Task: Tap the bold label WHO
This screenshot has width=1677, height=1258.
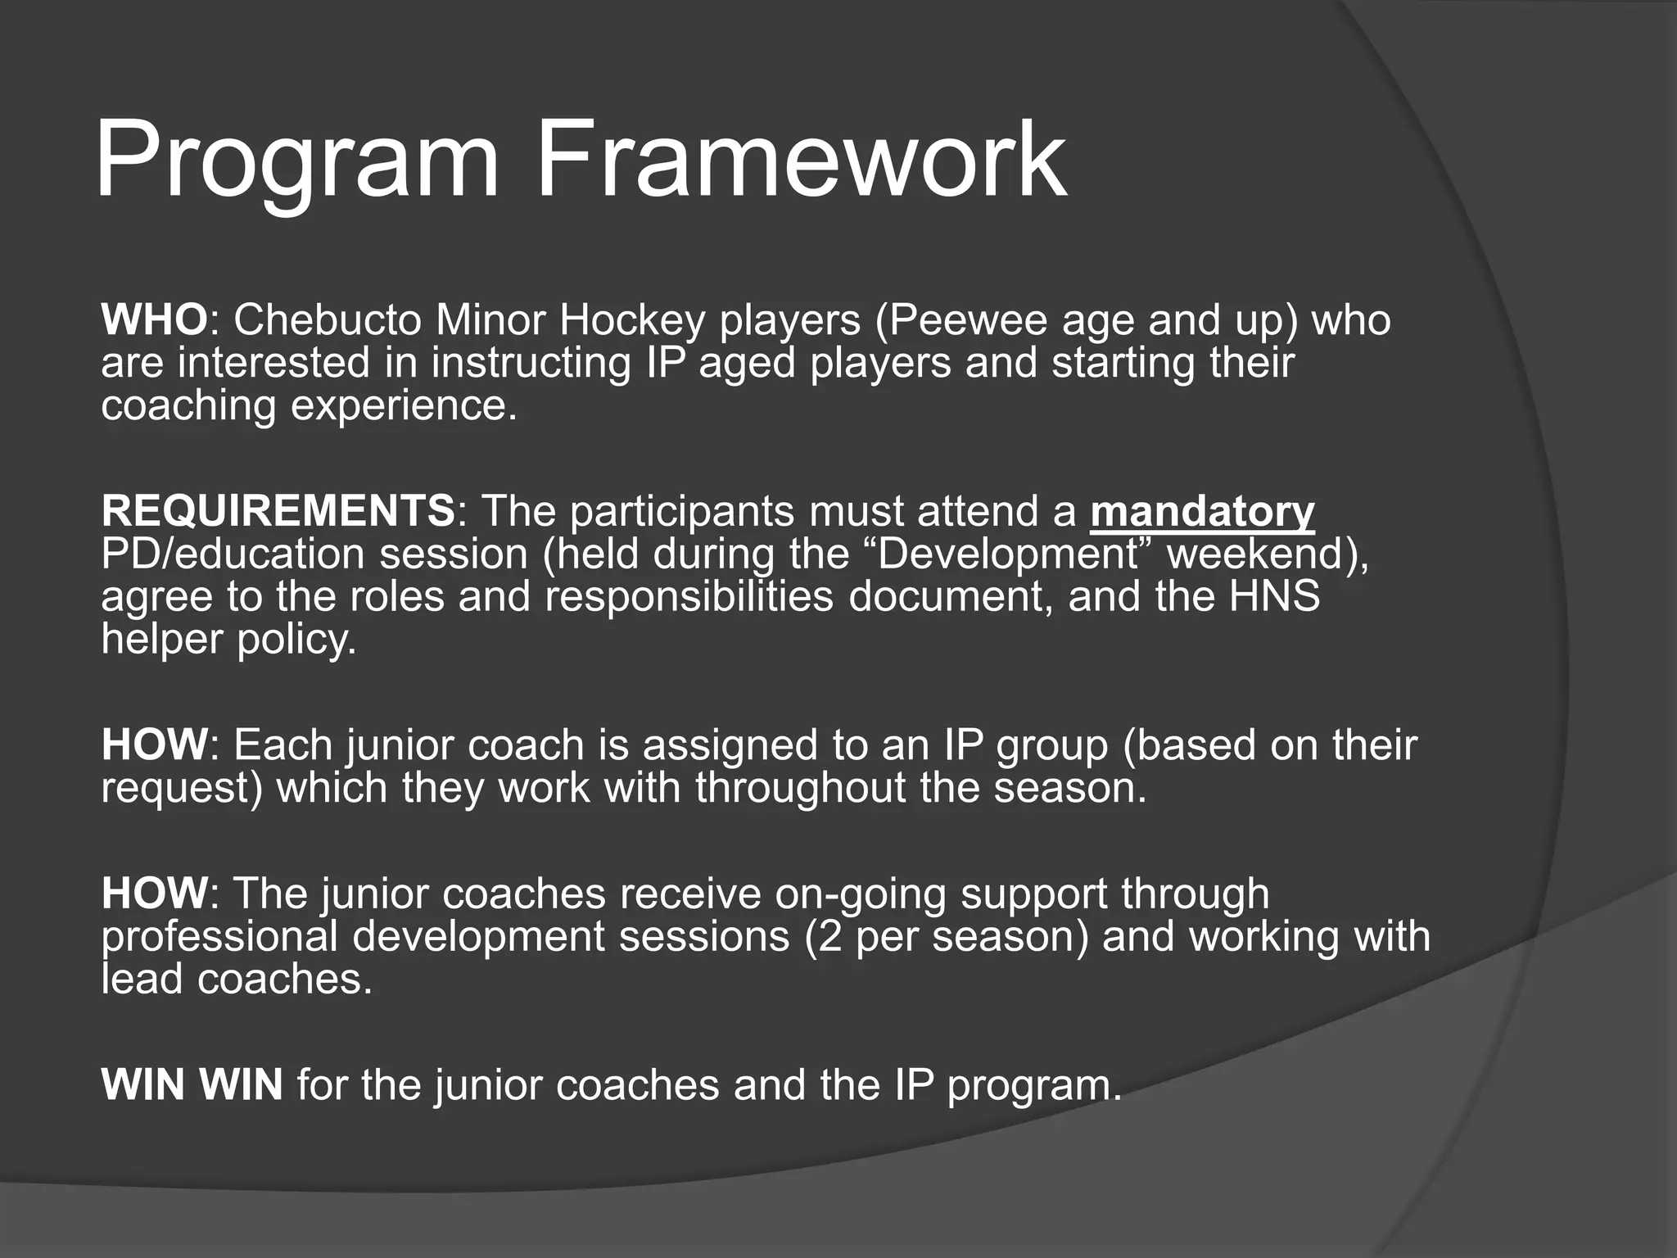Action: point(154,319)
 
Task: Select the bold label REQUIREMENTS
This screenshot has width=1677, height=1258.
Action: point(278,511)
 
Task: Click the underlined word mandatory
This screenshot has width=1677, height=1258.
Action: point(1202,511)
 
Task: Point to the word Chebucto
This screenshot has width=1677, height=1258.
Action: point(328,319)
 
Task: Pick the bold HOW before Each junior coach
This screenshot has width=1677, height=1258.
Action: point(154,745)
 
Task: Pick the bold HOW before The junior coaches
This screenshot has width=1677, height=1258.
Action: point(154,894)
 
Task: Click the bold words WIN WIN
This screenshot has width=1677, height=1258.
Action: point(192,1084)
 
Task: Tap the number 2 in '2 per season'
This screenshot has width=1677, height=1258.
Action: point(830,936)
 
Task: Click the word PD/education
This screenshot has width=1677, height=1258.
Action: point(233,554)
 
